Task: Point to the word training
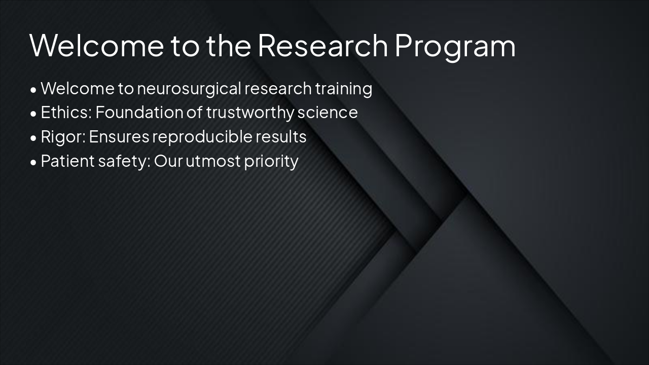click(343, 89)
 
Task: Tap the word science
click(328, 113)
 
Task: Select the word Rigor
click(63, 137)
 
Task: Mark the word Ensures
click(119, 137)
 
